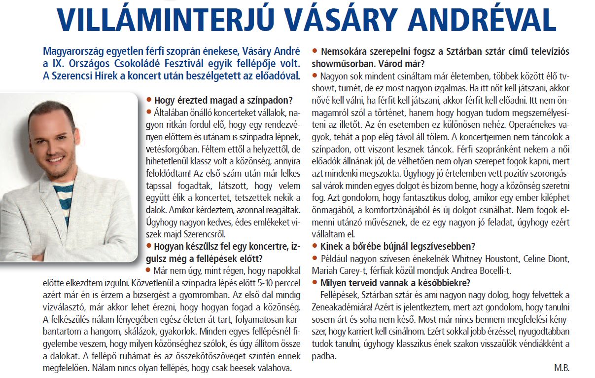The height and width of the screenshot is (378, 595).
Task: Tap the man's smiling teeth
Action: (58, 159)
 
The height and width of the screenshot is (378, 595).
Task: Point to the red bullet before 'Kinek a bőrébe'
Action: (315, 247)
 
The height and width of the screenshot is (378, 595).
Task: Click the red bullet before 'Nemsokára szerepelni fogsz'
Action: (315, 51)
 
